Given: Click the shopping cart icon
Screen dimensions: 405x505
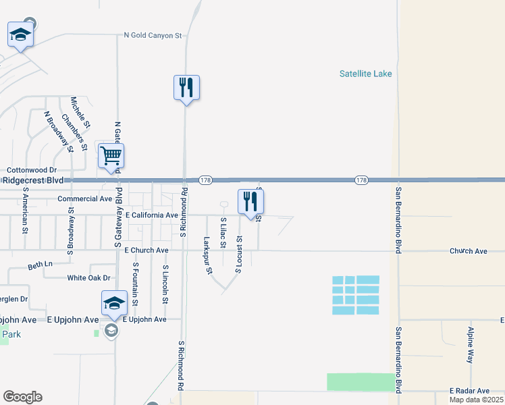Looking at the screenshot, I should [x=111, y=156].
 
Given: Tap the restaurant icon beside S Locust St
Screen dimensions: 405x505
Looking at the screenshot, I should [x=250, y=200].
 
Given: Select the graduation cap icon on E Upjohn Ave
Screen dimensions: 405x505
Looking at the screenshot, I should [x=114, y=302].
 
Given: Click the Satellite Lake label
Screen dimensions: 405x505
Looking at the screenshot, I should [x=366, y=74].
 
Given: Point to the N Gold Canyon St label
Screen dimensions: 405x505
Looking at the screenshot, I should [x=153, y=35].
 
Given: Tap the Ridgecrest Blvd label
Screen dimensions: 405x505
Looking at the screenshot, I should [x=32, y=181].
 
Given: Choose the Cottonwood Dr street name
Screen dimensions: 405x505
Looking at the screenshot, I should [x=32, y=171].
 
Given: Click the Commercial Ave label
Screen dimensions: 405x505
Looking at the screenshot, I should [x=84, y=199].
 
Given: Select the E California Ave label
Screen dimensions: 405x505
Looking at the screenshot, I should [x=152, y=215].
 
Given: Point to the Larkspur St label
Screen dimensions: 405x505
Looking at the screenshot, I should [x=208, y=255].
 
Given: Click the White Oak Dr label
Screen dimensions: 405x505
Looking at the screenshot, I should [x=88, y=277].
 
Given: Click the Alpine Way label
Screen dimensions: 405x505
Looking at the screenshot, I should [x=470, y=345].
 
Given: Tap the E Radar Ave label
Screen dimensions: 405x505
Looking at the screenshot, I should [x=469, y=391].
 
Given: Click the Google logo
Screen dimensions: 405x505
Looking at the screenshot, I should [x=22, y=397].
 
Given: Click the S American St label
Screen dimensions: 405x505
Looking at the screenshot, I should [x=25, y=210].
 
